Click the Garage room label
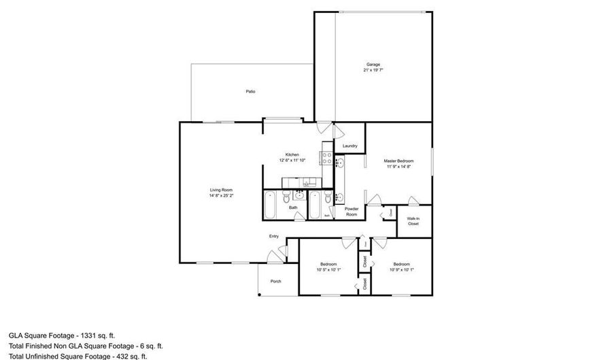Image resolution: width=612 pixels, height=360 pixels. click(x=373, y=65)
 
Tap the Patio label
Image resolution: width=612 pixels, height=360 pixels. click(x=251, y=91)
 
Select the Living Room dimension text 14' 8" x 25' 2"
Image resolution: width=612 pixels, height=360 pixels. click(x=221, y=195)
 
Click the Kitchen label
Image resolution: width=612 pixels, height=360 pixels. click(x=292, y=154)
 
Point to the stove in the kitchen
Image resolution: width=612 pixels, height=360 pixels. click(x=326, y=159)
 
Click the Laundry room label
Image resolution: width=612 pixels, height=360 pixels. click(x=350, y=146)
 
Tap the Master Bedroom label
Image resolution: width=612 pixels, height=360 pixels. click(x=398, y=161)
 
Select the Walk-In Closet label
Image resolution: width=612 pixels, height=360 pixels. click(x=413, y=221)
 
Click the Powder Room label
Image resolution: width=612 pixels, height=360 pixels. click(x=351, y=212)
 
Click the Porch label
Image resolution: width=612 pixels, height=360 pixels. click(x=275, y=282)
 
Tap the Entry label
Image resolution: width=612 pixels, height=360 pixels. click(x=273, y=236)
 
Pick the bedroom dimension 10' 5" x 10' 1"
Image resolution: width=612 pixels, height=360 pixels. click(x=328, y=269)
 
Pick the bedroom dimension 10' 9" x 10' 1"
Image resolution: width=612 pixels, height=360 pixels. click(x=401, y=269)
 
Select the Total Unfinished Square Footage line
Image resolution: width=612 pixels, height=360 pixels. click(x=78, y=356)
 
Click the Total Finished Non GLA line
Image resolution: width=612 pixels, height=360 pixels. click(x=86, y=346)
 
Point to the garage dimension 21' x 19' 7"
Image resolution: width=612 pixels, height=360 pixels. click(x=373, y=70)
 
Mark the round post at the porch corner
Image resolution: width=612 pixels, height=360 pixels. click(x=258, y=295)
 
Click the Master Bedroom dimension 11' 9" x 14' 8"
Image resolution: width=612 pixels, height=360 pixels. click(x=398, y=166)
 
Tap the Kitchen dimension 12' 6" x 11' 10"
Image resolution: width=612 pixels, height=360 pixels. click(x=292, y=160)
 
